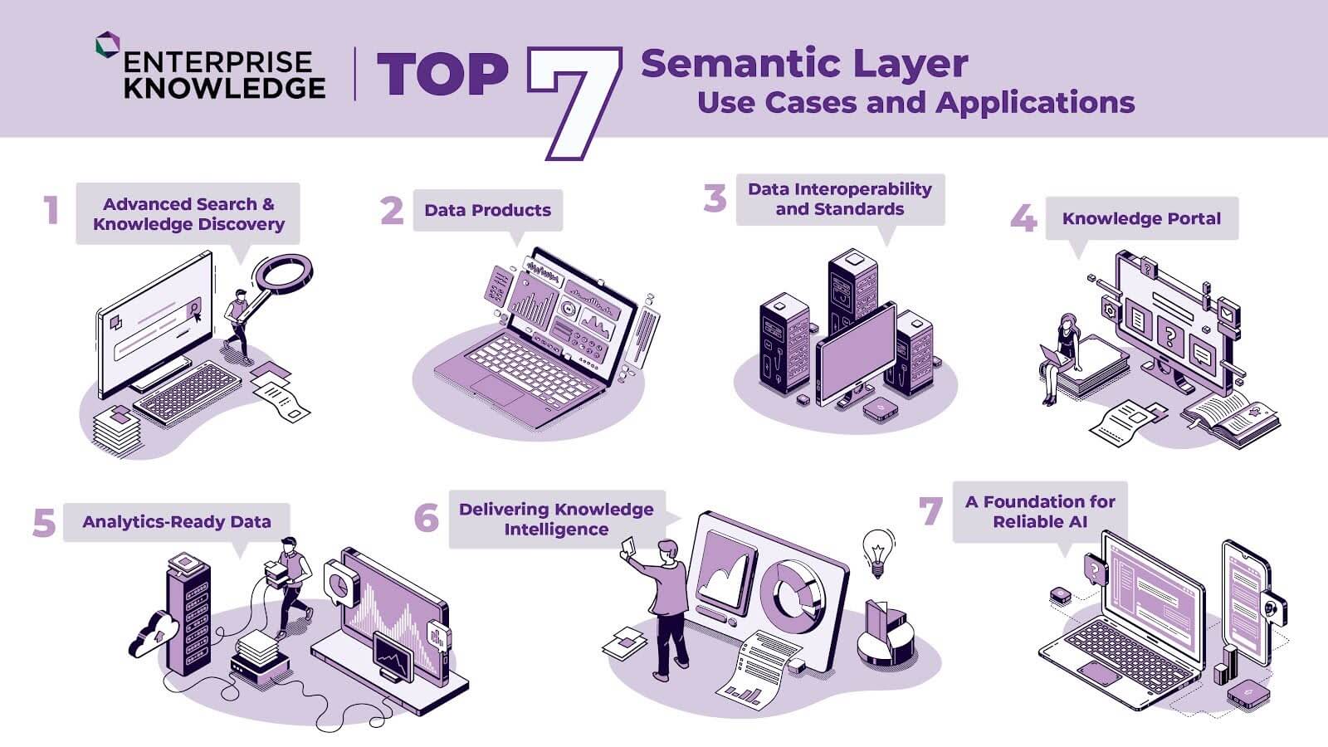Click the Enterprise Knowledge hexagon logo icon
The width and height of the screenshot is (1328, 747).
(x=108, y=45)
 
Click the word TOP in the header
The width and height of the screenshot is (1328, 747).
(x=442, y=74)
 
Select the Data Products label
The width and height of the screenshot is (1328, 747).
(x=488, y=210)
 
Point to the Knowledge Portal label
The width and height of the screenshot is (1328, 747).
(x=1141, y=219)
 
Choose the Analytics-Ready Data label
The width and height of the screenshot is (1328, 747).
(x=177, y=522)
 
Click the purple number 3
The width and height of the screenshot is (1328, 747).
(x=715, y=198)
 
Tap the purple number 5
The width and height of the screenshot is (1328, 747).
(x=44, y=523)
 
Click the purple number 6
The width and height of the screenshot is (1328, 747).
(x=427, y=518)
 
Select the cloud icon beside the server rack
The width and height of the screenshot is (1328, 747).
(x=153, y=634)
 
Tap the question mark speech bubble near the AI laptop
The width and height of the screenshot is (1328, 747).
(x=1095, y=569)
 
